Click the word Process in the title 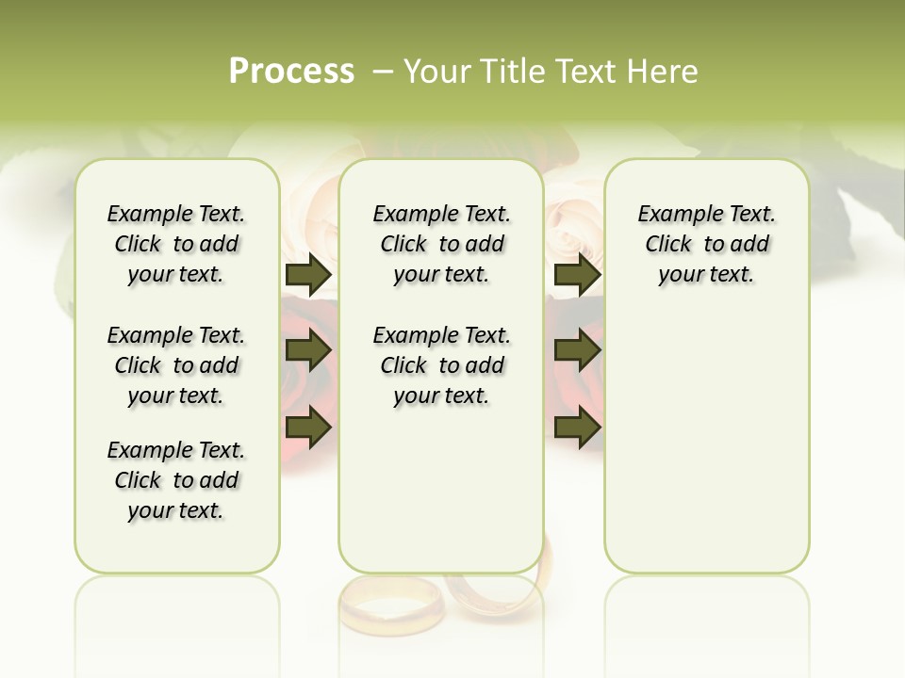[291, 72]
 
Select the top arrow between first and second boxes [308, 275]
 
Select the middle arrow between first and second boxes [308, 351]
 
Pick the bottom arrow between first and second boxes [308, 428]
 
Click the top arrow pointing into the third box [577, 275]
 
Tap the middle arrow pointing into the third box [577, 351]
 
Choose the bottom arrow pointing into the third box [577, 428]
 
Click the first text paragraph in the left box [176, 244]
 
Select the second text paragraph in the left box [176, 365]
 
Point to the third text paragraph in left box [176, 480]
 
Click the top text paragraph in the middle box [441, 244]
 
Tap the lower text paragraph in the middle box [441, 365]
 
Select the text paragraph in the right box [706, 244]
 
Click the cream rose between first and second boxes [309, 217]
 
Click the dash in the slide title [383, 72]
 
